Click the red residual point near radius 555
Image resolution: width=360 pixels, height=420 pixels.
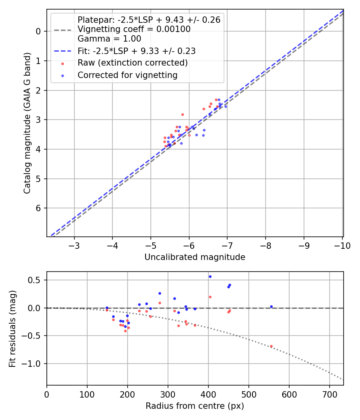tap(271, 346)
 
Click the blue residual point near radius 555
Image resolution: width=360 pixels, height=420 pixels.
tap(271, 306)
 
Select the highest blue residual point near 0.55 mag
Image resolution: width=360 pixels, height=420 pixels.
tap(210, 276)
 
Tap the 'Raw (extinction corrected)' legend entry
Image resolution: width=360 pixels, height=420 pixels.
tap(132, 63)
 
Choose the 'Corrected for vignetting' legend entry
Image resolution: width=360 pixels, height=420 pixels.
tap(127, 75)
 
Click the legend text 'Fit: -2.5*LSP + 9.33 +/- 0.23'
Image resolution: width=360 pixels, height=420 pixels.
tap(136, 51)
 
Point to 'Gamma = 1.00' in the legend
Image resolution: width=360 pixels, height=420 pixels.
tap(109, 39)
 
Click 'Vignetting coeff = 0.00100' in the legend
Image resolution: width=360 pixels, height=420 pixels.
tap(134, 29)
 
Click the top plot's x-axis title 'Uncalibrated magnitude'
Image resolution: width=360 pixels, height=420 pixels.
tap(195, 257)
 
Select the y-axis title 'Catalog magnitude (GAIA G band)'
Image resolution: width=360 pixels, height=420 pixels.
tap(27, 122)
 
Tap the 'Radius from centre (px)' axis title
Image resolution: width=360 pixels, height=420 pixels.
tap(195, 406)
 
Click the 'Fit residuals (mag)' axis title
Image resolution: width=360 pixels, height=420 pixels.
tap(12, 328)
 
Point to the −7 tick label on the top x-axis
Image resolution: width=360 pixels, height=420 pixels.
tap(227, 245)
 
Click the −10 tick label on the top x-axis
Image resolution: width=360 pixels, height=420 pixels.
tap(341, 245)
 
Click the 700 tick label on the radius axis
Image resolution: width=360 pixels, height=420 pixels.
tap(329, 394)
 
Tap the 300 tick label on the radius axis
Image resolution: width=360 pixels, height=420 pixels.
tap(168, 394)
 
